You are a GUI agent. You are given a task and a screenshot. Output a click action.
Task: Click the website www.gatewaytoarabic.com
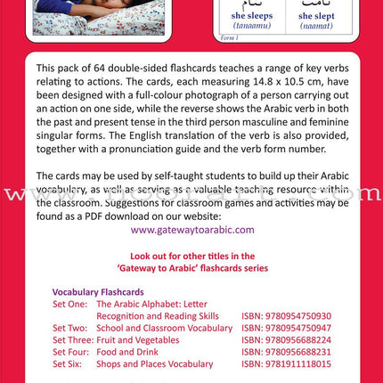(192, 229)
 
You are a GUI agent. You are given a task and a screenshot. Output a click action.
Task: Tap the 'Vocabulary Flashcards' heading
(98, 291)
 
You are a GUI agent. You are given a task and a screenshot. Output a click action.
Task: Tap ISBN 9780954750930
(286, 315)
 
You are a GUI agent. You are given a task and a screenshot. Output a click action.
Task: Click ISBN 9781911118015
(286, 363)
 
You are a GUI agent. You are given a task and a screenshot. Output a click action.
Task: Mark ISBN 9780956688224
(286, 339)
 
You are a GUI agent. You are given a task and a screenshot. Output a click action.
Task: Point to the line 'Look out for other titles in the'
(191, 255)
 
